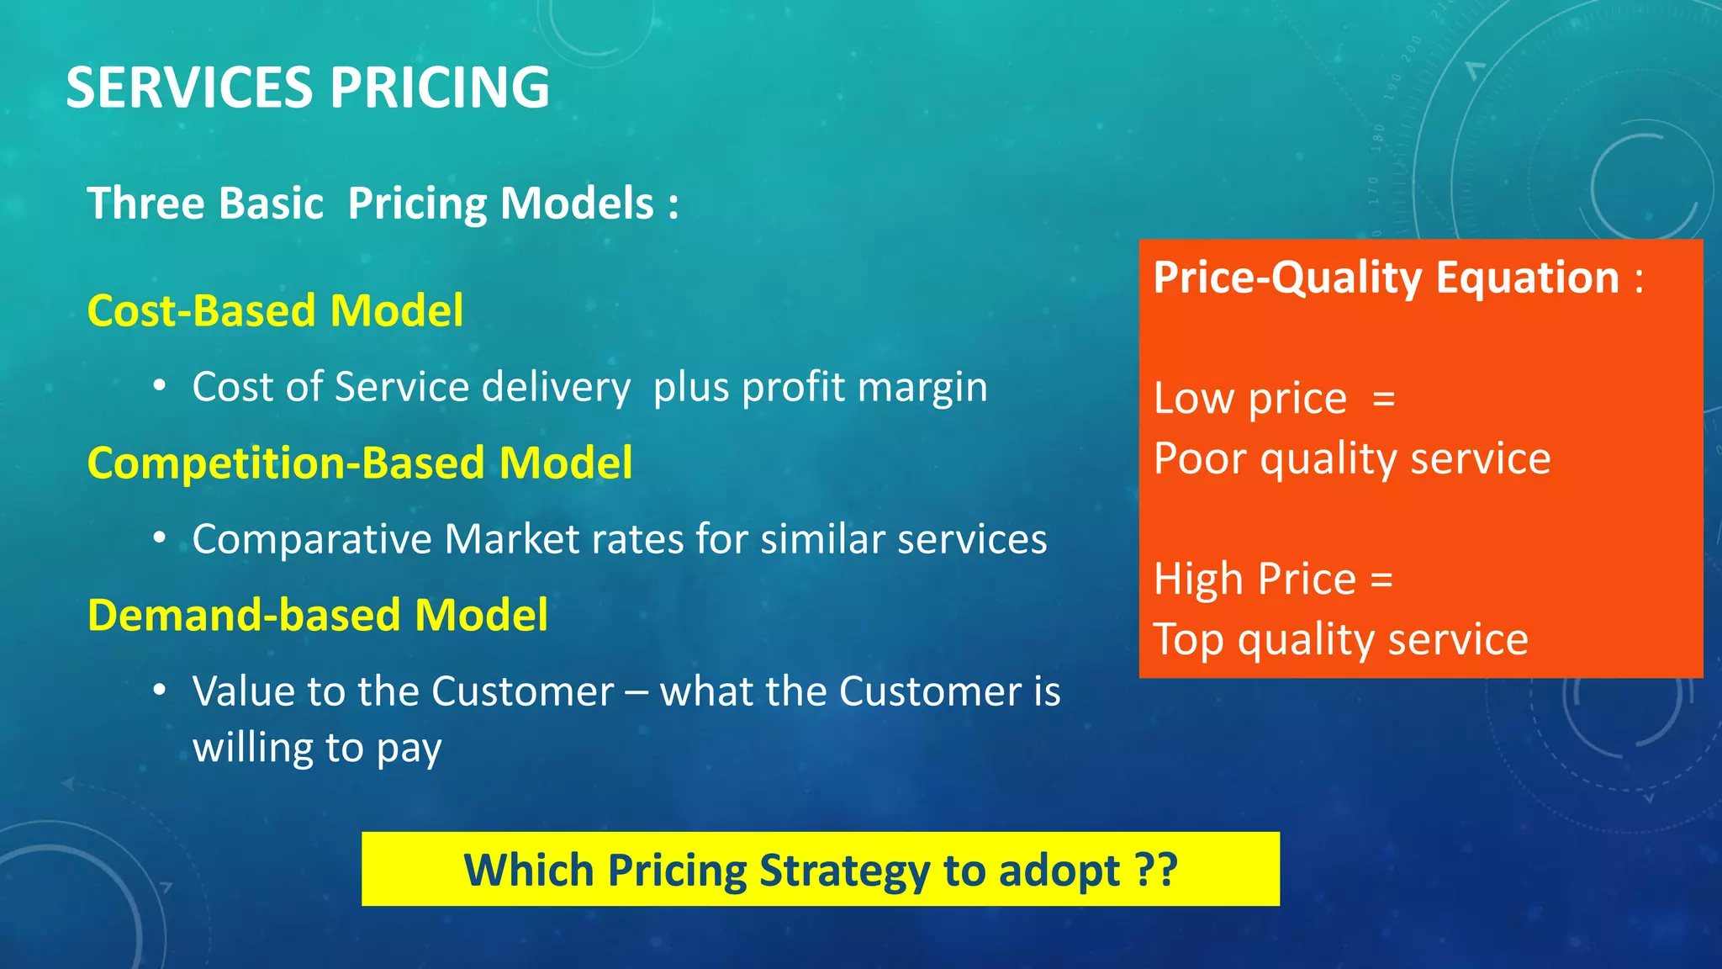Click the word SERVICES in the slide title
coord(190,87)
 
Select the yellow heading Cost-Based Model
coord(275,310)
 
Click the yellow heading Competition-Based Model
coord(360,463)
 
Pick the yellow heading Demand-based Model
coord(318,615)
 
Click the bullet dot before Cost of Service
coord(160,387)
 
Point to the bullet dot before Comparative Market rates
coord(160,539)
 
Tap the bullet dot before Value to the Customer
coord(160,691)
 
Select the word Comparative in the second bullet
coord(311,540)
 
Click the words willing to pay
coord(317,748)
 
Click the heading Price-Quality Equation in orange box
coord(1386,278)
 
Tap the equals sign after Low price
coord(1383,398)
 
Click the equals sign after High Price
coord(1381,580)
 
